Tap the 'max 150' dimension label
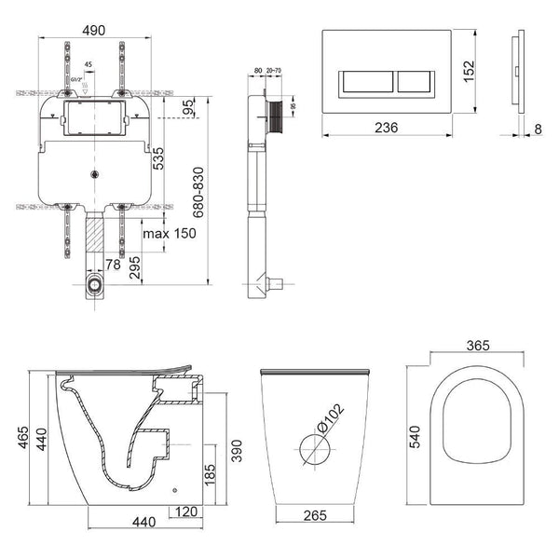coord(169,233)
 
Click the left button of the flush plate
coord(371,82)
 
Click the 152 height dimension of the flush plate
coord(470,72)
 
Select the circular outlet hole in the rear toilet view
coord(314,448)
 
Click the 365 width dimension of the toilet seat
coord(479,347)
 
